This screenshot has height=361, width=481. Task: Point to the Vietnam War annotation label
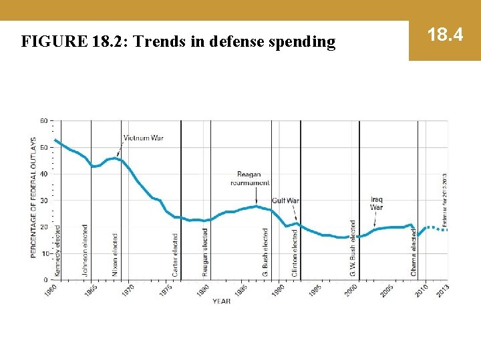pos(144,138)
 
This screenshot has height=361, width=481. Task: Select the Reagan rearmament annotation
pos(249,178)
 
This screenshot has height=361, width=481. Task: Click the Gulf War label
pos(285,201)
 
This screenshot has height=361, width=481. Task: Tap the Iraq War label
pos(377,203)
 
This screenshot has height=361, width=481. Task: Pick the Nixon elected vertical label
pos(115,255)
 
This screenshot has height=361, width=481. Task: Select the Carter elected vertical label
pos(176,255)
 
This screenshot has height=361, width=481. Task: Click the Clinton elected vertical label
pos(295,253)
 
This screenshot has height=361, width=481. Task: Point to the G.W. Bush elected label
pos(353,248)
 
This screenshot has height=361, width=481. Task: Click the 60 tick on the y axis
pos(43,121)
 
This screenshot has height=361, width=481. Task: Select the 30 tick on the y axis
pos(43,201)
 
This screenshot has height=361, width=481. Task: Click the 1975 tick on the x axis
pos(166,290)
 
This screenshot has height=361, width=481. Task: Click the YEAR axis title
pos(222,302)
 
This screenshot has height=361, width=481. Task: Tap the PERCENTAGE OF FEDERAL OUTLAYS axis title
pos(33,198)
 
